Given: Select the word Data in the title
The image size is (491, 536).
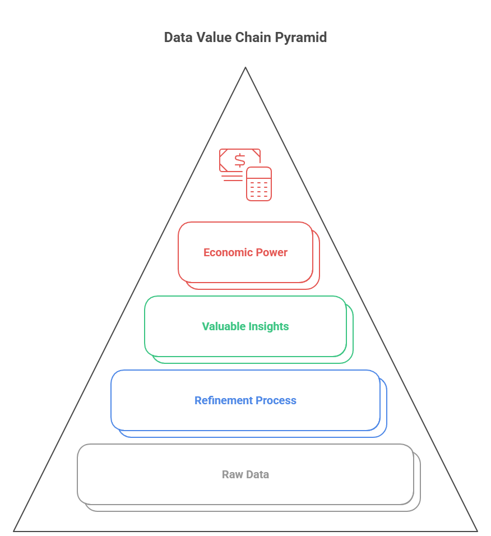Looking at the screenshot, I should click(x=175, y=38).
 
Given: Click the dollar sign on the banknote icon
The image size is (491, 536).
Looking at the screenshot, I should click(x=240, y=160).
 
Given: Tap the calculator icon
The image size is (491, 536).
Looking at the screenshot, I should click(x=259, y=183).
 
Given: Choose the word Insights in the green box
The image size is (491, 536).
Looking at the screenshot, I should click(x=268, y=326).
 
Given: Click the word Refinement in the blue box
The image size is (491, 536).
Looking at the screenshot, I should click(x=223, y=400).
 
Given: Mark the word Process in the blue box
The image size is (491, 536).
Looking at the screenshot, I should click(x=276, y=400).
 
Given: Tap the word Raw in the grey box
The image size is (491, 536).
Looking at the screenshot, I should click(x=231, y=474).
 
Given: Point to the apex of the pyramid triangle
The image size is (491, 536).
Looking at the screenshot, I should click(x=245, y=68).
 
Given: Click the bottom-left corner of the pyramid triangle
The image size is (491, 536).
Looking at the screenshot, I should click(x=15, y=530).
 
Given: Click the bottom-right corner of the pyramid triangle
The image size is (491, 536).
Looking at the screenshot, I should click(x=477, y=530).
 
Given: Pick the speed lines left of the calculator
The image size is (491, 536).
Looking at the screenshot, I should click(x=233, y=176).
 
